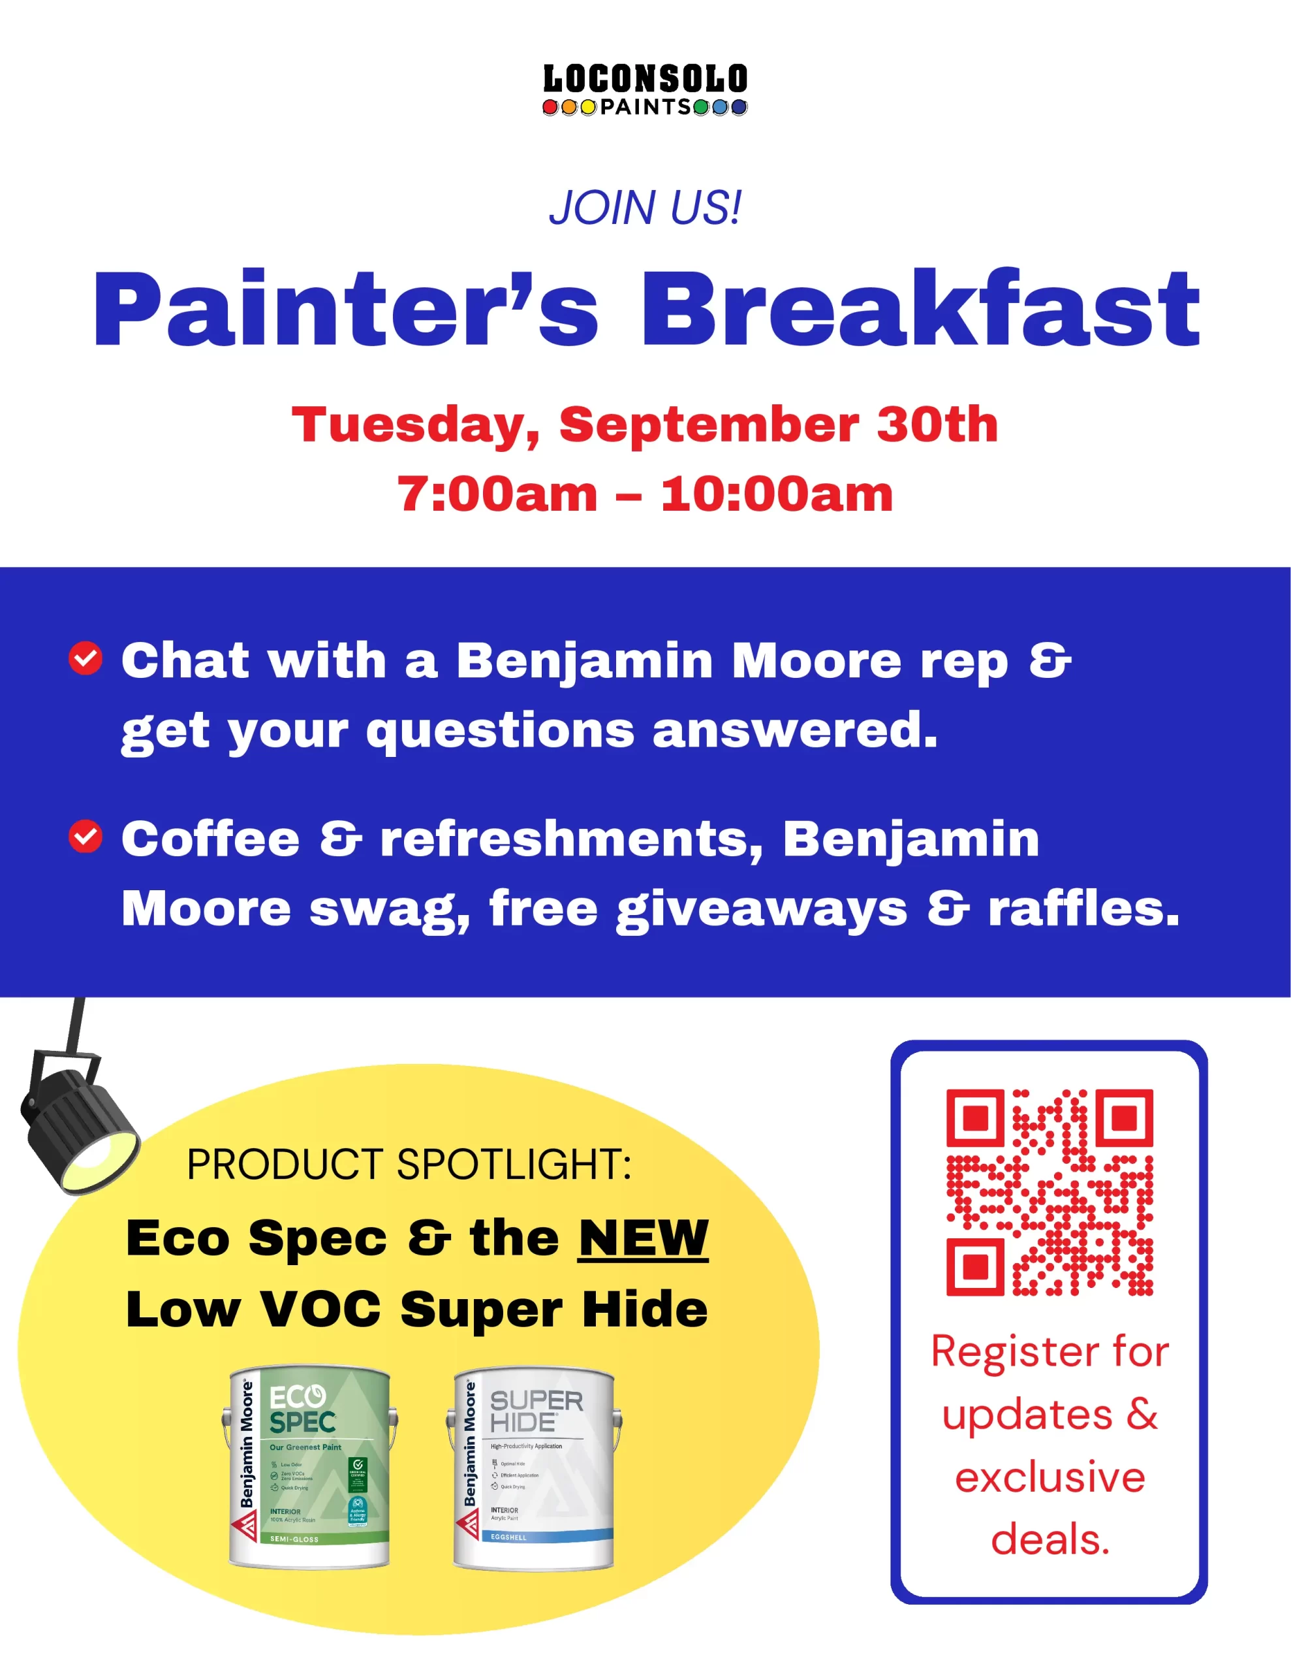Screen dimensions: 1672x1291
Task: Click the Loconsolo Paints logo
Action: click(645, 90)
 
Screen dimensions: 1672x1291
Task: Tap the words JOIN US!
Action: click(645, 208)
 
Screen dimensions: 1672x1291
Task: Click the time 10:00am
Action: click(777, 494)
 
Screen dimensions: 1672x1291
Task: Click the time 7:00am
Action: click(497, 494)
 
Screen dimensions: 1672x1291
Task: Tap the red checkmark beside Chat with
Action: click(86, 658)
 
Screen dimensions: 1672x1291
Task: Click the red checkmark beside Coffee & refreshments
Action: click(86, 836)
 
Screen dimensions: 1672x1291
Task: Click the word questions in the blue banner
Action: click(501, 730)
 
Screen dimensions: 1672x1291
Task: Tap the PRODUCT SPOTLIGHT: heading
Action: click(409, 1165)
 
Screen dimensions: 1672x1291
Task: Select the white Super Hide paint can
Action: click(534, 1468)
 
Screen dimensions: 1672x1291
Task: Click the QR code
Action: click(1049, 1192)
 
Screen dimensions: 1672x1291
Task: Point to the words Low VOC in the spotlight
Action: click(253, 1309)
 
